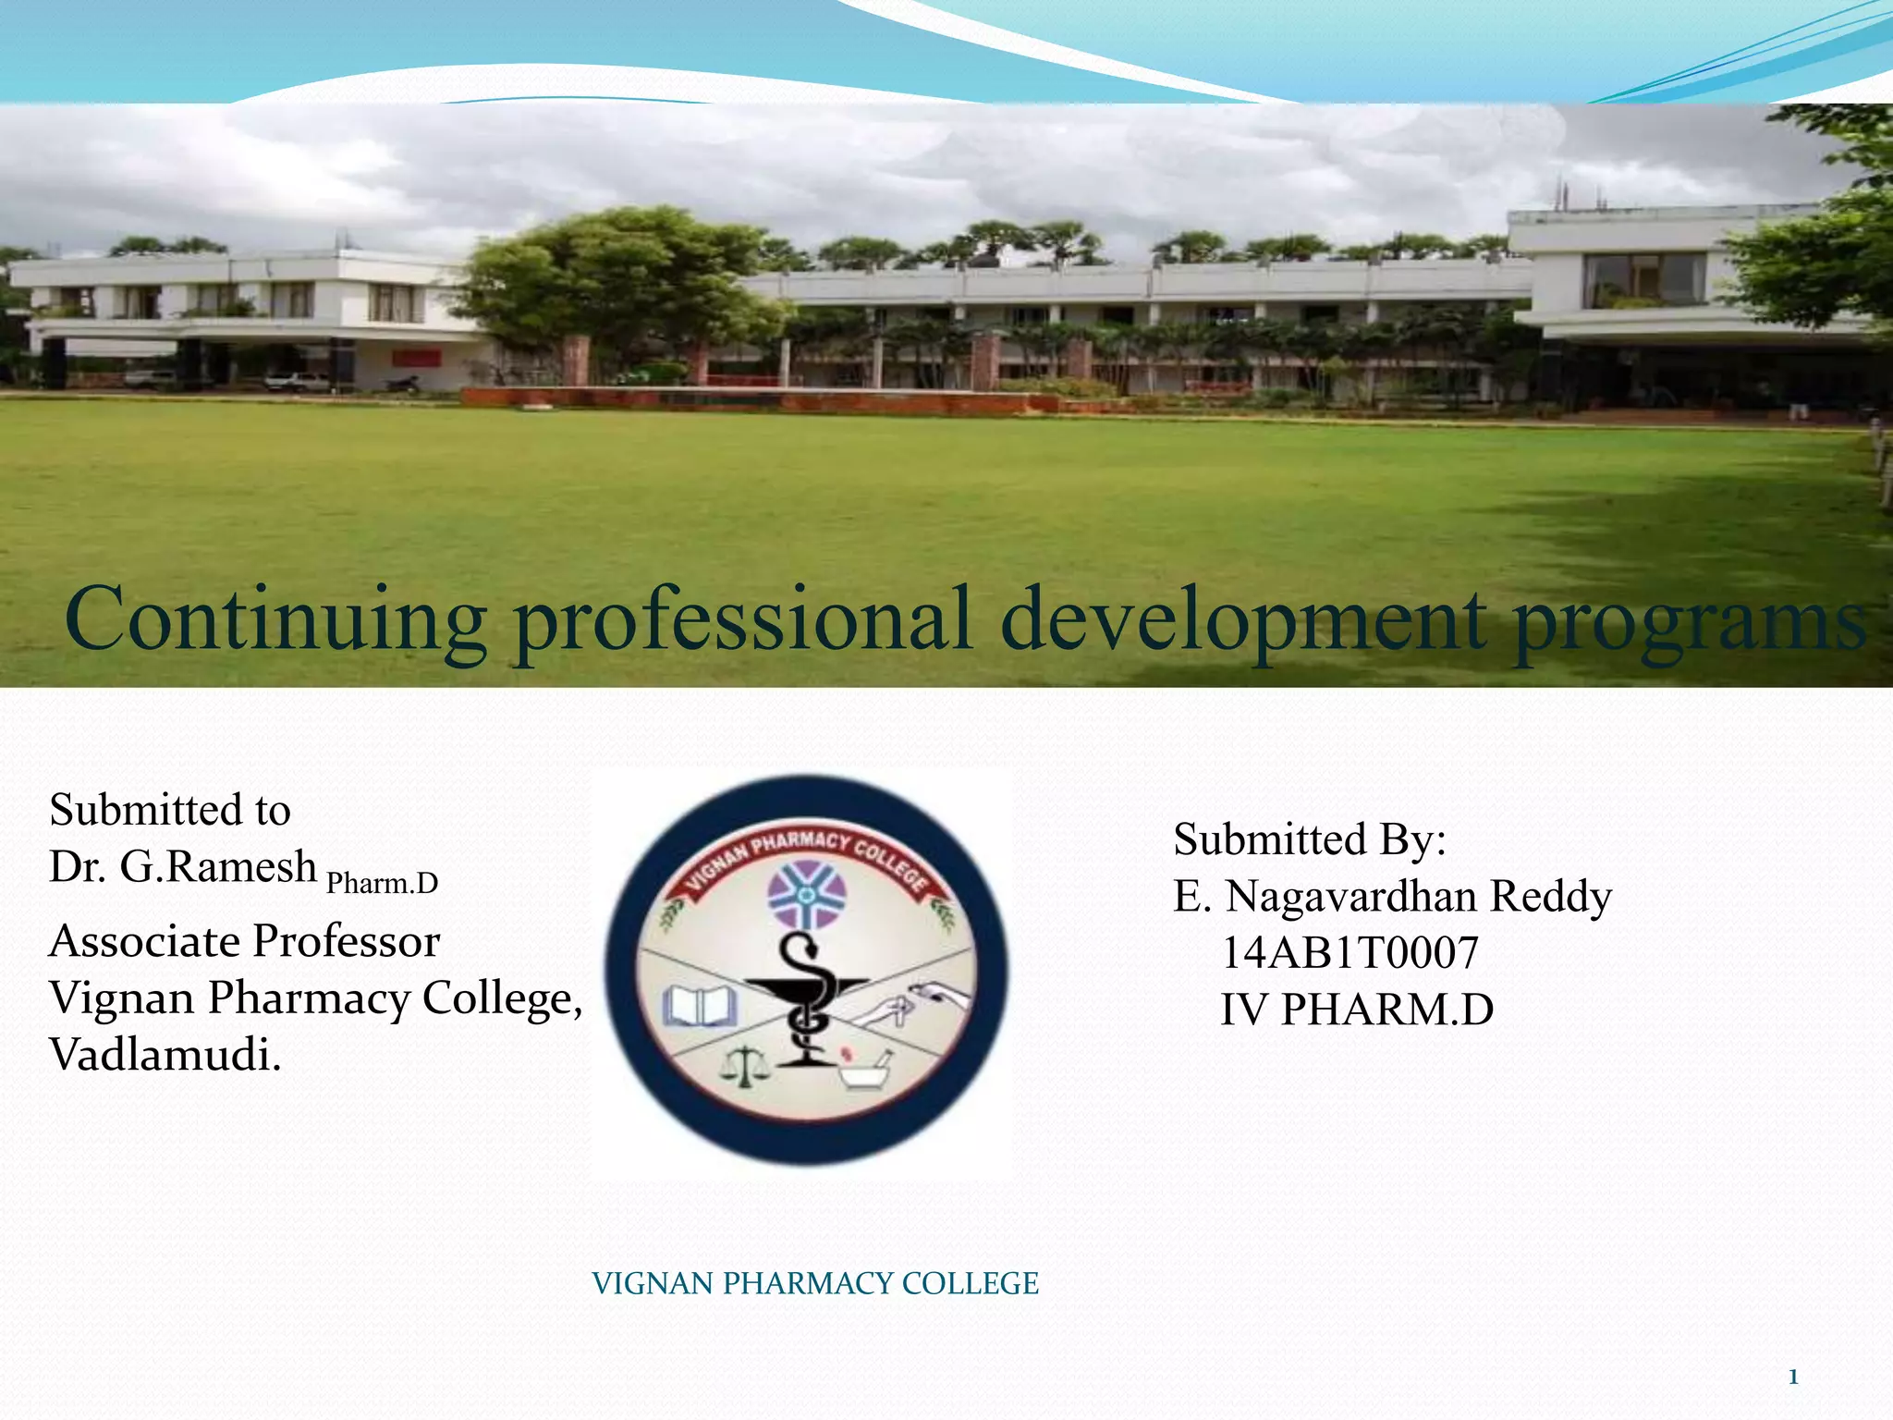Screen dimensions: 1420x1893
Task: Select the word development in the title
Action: (x=1243, y=618)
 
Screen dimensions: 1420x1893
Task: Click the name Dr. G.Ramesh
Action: (x=182, y=867)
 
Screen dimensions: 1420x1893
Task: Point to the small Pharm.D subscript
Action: (x=382, y=884)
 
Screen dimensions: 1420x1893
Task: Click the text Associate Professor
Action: (x=244, y=941)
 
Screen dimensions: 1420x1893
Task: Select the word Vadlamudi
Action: (x=165, y=1055)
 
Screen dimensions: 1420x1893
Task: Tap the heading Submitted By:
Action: (x=1309, y=839)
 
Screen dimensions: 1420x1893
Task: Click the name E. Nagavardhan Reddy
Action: (x=1392, y=897)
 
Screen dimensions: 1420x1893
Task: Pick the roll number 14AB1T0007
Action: (x=1350, y=953)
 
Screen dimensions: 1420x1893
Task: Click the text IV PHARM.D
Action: (x=1356, y=1010)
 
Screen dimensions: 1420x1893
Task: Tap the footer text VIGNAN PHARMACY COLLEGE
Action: (x=814, y=1283)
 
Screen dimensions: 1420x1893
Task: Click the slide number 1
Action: (x=1792, y=1377)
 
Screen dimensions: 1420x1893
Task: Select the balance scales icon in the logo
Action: (x=744, y=1066)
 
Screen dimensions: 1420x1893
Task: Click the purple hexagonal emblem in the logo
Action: (x=807, y=894)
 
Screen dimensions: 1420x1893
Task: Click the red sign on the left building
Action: (x=416, y=358)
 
